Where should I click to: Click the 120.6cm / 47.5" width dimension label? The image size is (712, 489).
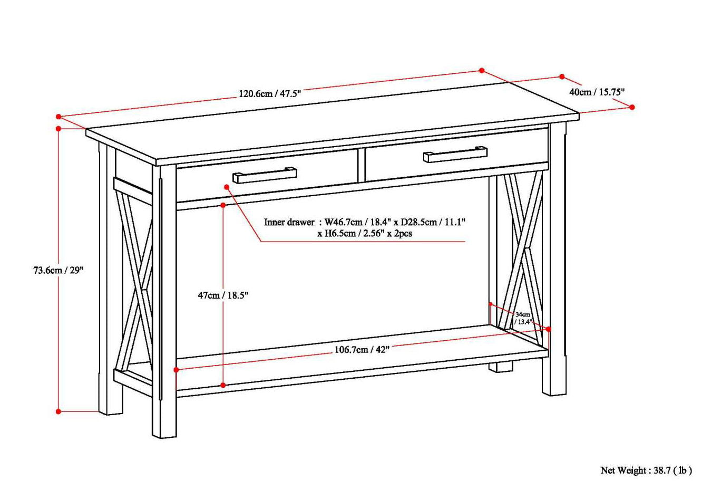click(269, 94)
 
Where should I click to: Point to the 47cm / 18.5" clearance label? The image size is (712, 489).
click(223, 295)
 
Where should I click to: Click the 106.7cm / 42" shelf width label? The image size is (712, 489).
click(362, 350)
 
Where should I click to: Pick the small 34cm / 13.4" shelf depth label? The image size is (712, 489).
click(523, 318)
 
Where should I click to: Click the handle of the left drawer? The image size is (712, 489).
click(265, 175)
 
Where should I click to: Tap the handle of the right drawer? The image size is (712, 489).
click(454, 154)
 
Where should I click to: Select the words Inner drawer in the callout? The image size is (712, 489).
click(289, 222)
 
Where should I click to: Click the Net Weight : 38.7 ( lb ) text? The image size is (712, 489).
click(646, 469)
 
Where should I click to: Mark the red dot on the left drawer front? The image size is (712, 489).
click(227, 187)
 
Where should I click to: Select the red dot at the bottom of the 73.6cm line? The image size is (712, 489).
click(58, 411)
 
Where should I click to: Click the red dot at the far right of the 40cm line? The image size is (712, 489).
click(632, 107)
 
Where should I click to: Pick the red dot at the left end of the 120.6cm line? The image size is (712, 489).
click(58, 116)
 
